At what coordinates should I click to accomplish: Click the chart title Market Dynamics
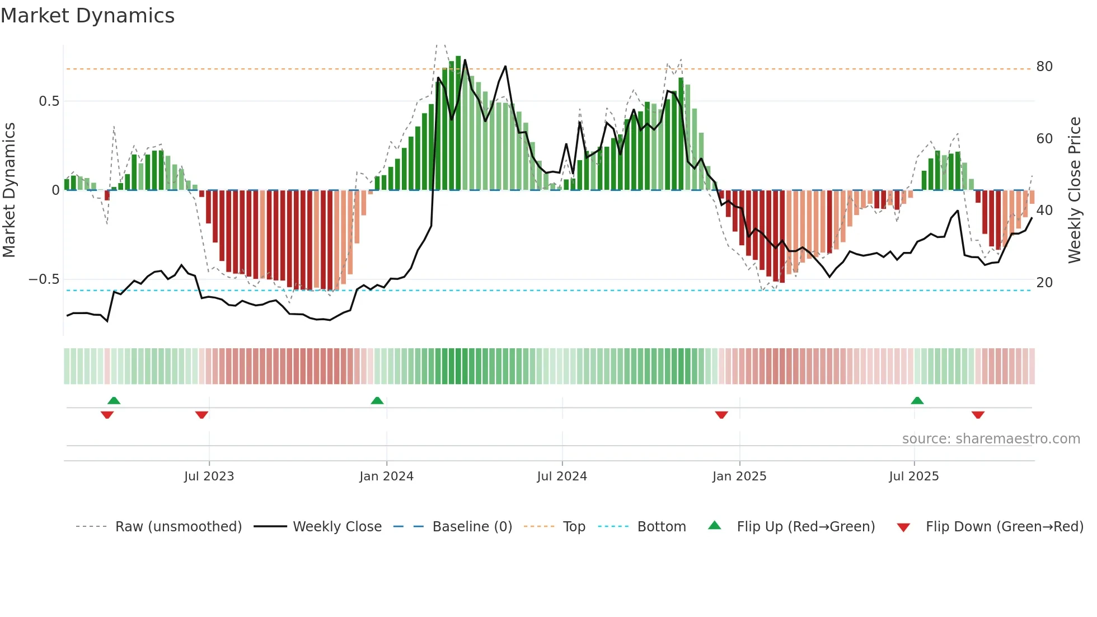(x=88, y=16)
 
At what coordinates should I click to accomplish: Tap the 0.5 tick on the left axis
(x=49, y=101)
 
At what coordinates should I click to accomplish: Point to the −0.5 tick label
(x=44, y=279)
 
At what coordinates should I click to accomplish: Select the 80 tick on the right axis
(x=1044, y=67)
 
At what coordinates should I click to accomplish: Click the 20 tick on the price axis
(x=1044, y=283)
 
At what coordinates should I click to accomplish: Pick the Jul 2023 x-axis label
(x=209, y=476)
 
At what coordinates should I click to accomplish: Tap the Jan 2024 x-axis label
(x=386, y=476)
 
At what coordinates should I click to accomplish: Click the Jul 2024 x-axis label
(x=562, y=476)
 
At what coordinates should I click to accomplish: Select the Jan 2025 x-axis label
(x=739, y=476)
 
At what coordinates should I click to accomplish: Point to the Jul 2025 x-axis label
(x=914, y=476)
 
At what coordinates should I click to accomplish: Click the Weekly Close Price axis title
(x=1075, y=190)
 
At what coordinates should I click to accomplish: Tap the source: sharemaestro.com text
(x=991, y=439)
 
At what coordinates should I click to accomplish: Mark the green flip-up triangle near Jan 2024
(x=377, y=400)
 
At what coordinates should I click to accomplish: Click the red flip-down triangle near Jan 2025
(x=721, y=415)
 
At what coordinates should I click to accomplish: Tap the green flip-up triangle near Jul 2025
(x=917, y=400)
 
